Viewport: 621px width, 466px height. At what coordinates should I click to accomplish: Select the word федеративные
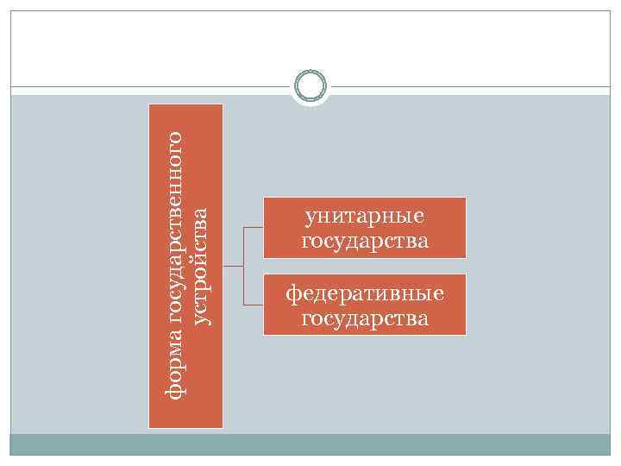coord(365,294)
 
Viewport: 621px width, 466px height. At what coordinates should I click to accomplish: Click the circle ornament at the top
coord(310,85)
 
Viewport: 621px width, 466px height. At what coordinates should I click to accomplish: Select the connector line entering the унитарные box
coord(254,228)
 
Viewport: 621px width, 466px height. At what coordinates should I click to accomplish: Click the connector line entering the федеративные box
coord(254,305)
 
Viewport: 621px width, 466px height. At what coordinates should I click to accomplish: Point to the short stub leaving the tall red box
coord(233,267)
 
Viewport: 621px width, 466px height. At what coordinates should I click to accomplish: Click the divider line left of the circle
coord(147,86)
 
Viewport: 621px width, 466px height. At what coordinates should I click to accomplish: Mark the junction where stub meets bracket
coord(244,267)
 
